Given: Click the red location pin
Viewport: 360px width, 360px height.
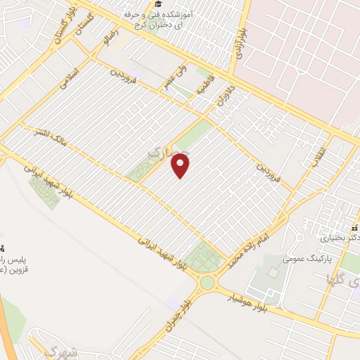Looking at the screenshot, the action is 181,166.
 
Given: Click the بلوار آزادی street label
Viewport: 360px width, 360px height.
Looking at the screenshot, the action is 241,45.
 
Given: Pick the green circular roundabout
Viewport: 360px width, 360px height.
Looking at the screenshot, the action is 207,283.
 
